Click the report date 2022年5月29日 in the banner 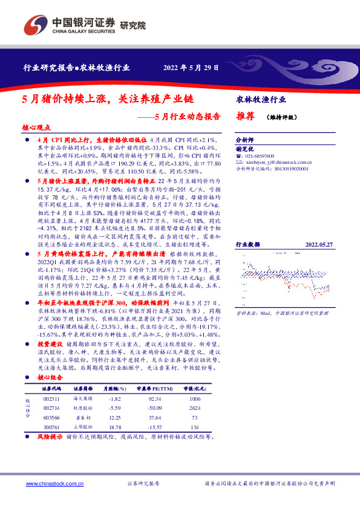(191, 68)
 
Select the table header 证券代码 (51, 390)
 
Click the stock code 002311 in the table (51, 400)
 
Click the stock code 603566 (51, 418)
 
